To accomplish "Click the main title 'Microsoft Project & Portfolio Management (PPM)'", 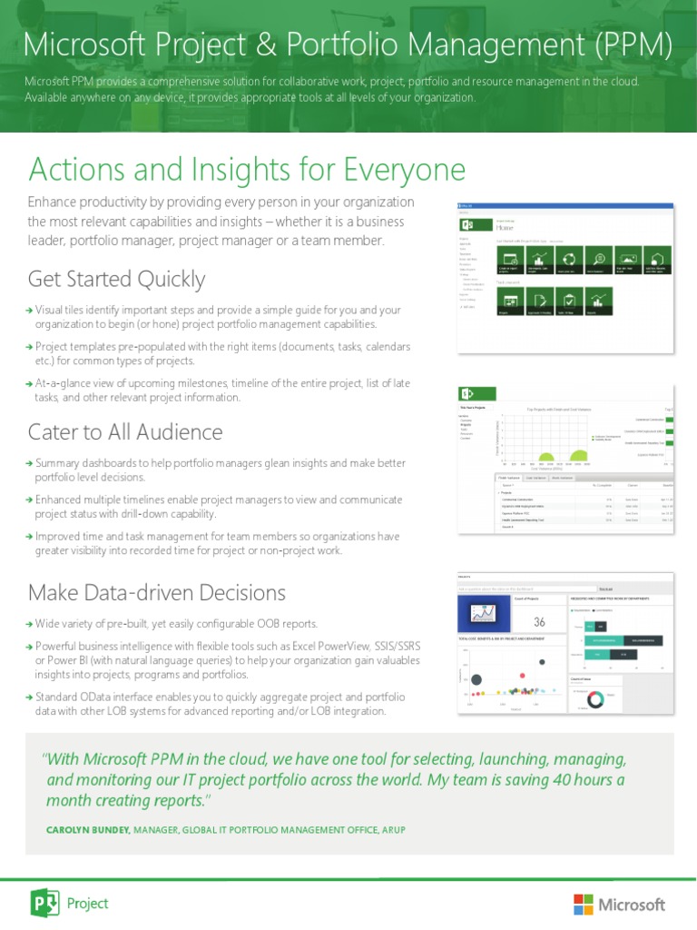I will [x=348, y=43].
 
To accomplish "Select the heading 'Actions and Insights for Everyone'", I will [x=247, y=169].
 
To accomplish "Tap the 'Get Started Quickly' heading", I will [x=116, y=279].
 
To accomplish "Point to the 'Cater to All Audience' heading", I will [x=125, y=431].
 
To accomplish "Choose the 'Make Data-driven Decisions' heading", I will [x=157, y=593].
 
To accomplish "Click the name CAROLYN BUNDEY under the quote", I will [x=88, y=830].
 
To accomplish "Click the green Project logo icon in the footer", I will [x=44, y=903].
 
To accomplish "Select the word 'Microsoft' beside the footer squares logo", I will [x=632, y=905].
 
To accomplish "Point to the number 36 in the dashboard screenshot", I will [x=539, y=622].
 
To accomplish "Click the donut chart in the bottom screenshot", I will [x=596, y=698].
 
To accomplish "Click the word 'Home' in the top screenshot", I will [x=506, y=229].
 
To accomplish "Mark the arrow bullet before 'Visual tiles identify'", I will [x=30, y=311].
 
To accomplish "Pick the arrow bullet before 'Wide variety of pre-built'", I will [x=30, y=624].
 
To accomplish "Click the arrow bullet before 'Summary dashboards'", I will [x=30, y=464].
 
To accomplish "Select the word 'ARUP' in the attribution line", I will [x=392, y=830].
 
